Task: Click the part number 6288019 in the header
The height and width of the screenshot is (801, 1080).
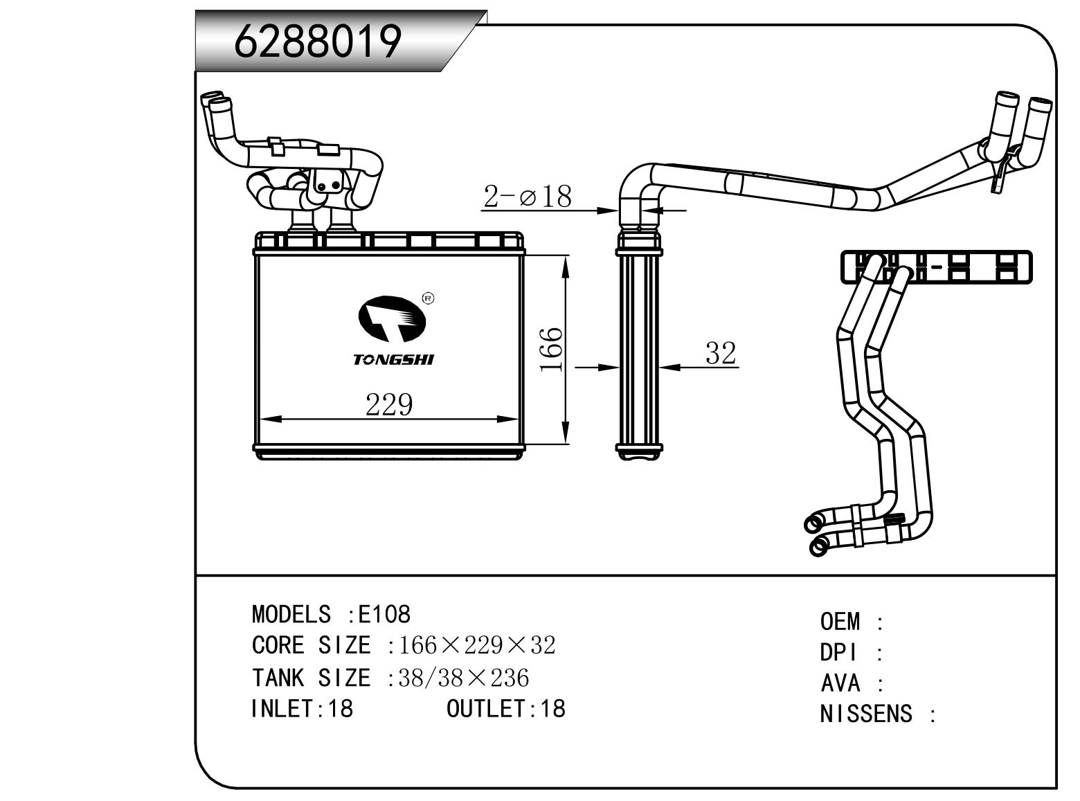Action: pyautogui.click(x=318, y=42)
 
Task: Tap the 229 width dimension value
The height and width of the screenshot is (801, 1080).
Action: pyautogui.click(x=389, y=405)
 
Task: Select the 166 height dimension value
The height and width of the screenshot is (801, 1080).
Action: pyautogui.click(x=552, y=350)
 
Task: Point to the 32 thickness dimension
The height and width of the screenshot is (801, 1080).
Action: pyautogui.click(x=720, y=353)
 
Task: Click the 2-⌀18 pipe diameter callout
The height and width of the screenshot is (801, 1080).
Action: pyautogui.click(x=528, y=197)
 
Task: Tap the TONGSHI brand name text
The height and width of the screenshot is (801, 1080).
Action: pyautogui.click(x=393, y=360)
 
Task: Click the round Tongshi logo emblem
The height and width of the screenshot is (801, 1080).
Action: pyautogui.click(x=392, y=319)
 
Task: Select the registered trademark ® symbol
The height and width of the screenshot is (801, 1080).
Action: pyautogui.click(x=428, y=298)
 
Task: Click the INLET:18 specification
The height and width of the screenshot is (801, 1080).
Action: pyautogui.click(x=302, y=708)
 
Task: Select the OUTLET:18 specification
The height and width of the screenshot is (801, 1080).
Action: pyautogui.click(x=506, y=708)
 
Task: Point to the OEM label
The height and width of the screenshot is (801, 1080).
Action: pyautogui.click(x=840, y=622)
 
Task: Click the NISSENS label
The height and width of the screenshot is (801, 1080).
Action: pyautogui.click(x=865, y=714)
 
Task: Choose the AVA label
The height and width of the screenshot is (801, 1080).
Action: pyautogui.click(x=840, y=683)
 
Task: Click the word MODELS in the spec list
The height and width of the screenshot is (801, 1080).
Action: pyautogui.click(x=291, y=614)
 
